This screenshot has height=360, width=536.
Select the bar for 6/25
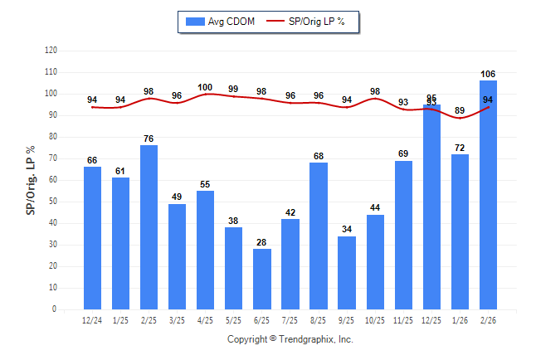coord(262,279)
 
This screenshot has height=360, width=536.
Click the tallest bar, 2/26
coord(488,195)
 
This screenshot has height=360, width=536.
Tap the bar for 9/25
coord(347,273)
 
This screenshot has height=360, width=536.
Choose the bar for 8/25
coord(319,236)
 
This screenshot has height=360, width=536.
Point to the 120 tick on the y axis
coord(51,51)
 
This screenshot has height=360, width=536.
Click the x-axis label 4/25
coord(206,319)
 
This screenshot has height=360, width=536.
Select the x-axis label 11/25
coord(403,319)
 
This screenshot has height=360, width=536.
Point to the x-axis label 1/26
coord(460,319)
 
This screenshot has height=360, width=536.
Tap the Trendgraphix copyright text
coord(290,339)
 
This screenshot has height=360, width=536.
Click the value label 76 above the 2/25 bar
coord(149,139)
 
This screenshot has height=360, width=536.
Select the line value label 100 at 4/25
coord(206,87)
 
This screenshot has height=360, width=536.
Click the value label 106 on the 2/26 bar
coord(488,74)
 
